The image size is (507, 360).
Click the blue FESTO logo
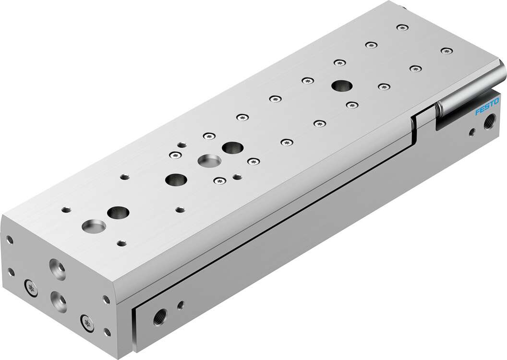coord(487,107)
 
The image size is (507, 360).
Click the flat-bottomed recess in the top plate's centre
coord(210,160)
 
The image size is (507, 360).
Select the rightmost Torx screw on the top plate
coord(447,50)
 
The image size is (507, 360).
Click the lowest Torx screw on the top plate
coord(219,181)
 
